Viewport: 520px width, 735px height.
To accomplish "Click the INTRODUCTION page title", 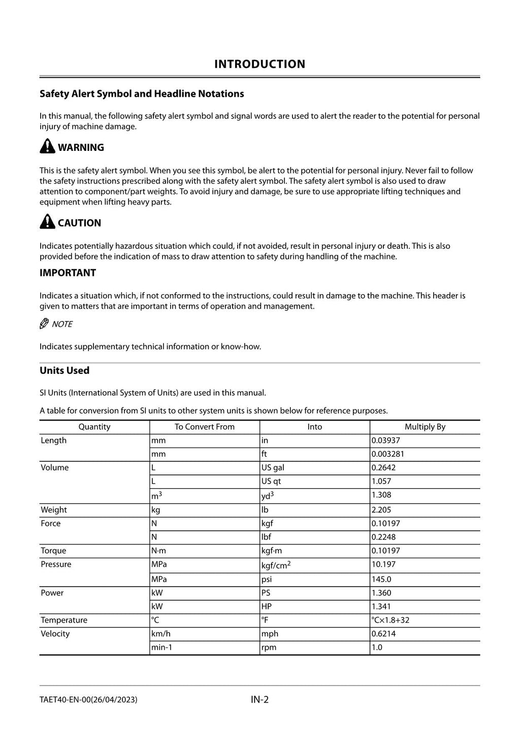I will [x=259, y=64].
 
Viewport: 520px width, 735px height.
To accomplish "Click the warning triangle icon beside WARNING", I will [x=47, y=147].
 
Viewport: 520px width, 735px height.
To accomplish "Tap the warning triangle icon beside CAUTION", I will [x=47, y=222].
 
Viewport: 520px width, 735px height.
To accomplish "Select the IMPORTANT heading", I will [x=68, y=273].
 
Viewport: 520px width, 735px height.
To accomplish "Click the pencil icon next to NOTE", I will [x=44, y=324].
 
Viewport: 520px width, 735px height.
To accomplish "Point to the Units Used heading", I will [x=64, y=370].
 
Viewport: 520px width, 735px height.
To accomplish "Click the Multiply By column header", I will [x=425, y=427].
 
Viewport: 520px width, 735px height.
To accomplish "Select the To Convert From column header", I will [x=204, y=427].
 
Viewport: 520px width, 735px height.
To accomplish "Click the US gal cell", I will [x=273, y=468].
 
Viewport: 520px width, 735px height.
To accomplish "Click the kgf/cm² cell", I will [x=276, y=565].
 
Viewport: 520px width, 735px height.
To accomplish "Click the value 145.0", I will [x=381, y=579].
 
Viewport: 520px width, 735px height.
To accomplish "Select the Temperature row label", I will [x=64, y=620].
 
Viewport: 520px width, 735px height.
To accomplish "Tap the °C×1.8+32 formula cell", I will [x=390, y=620].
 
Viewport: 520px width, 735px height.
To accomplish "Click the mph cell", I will [x=270, y=634].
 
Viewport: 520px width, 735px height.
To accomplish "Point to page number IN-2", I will [x=259, y=700].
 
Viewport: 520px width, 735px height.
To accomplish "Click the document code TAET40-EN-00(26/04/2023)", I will [x=88, y=700].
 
